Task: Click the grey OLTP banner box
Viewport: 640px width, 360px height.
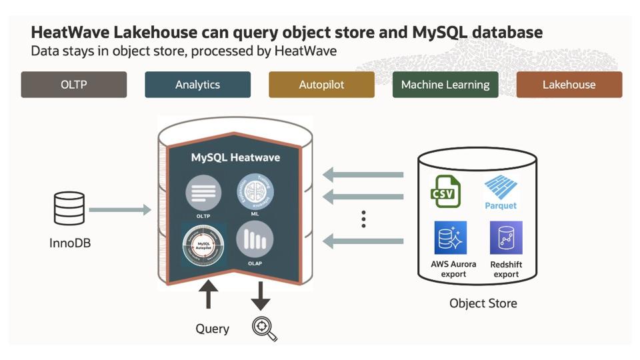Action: (x=73, y=85)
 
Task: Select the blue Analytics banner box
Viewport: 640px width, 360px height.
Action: (x=197, y=85)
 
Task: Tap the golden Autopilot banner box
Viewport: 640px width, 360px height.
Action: (x=321, y=85)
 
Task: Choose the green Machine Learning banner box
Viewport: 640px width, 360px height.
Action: (x=445, y=85)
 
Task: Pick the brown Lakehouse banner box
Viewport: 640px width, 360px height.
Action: (x=569, y=85)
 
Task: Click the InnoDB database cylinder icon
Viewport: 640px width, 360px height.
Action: (x=69, y=209)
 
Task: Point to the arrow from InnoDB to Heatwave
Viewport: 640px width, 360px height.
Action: (x=120, y=211)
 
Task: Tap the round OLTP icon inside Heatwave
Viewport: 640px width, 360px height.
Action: (x=203, y=193)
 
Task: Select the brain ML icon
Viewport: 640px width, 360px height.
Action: (x=255, y=192)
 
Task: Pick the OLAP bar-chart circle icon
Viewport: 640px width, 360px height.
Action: (x=255, y=240)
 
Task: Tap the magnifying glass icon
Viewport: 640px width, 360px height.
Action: (x=264, y=329)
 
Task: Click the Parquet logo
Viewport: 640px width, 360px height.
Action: (x=501, y=191)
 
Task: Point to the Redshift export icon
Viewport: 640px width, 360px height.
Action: (x=506, y=239)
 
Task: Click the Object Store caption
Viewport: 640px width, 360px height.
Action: (x=483, y=303)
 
